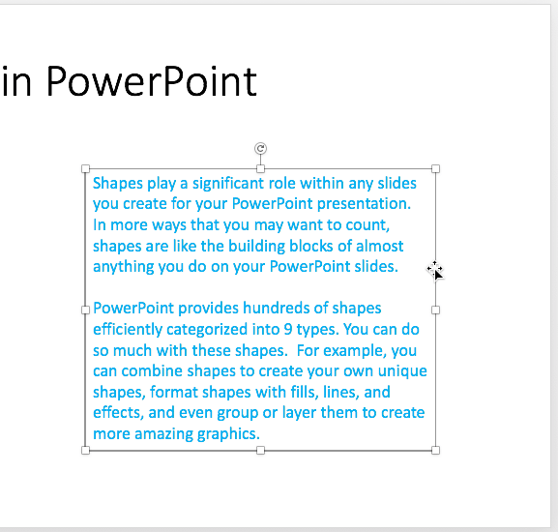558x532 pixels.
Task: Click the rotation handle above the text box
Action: tap(260, 148)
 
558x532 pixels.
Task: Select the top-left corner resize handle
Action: tap(86, 168)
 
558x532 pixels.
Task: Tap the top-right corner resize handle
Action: tap(435, 168)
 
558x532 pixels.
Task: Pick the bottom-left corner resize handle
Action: tap(86, 450)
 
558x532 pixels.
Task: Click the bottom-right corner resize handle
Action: tap(435, 450)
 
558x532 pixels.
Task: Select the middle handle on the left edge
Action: tap(86, 310)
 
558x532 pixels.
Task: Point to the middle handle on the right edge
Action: tap(435, 310)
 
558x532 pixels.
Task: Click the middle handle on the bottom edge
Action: tap(260, 450)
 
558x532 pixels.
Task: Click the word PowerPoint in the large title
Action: tap(151, 82)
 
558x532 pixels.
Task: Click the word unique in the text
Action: tap(403, 371)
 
